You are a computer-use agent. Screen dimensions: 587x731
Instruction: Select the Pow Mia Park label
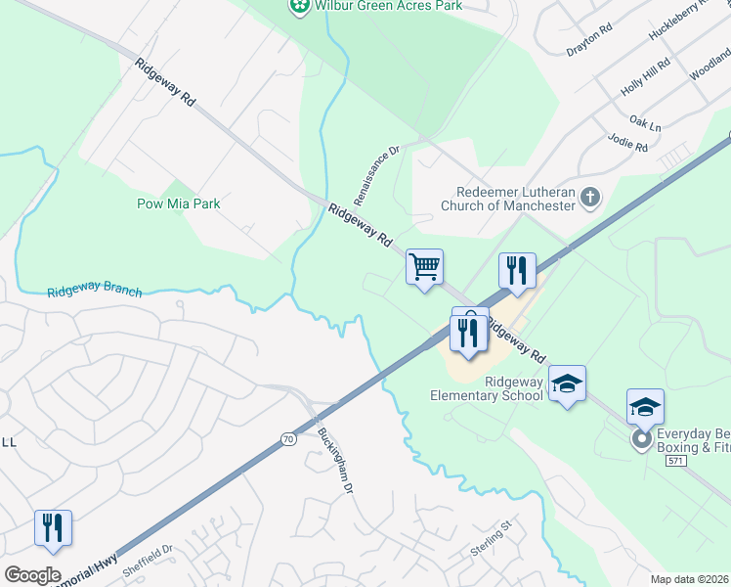pyautogui.click(x=178, y=203)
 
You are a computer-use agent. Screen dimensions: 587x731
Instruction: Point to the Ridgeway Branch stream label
pyautogui.click(x=94, y=292)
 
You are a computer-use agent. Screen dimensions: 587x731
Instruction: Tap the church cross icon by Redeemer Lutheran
pyautogui.click(x=589, y=199)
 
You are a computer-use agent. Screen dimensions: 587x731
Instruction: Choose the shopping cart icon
pyautogui.click(x=424, y=266)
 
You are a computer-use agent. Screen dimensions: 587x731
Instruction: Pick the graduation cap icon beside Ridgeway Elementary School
pyautogui.click(x=566, y=384)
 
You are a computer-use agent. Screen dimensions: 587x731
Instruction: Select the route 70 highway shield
pyautogui.click(x=287, y=439)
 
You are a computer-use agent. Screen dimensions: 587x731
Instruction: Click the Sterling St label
pyautogui.click(x=492, y=539)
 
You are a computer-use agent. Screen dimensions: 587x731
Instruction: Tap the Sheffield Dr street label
pyautogui.click(x=148, y=563)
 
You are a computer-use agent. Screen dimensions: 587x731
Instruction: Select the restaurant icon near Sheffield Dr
pyautogui.click(x=52, y=528)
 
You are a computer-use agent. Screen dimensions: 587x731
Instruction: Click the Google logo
pyautogui.click(x=32, y=575)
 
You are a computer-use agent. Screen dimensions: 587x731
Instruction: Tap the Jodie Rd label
pyautogui.click(x=627, y=144)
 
